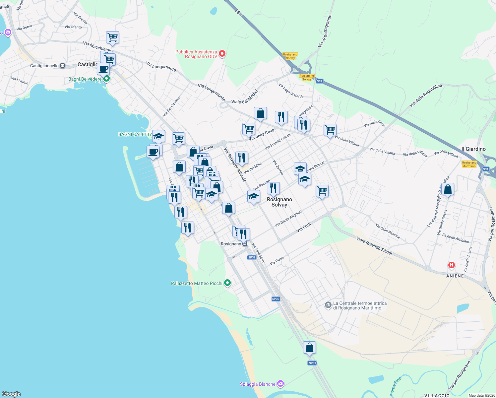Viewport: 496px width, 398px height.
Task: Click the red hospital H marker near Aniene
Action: click(451, 265)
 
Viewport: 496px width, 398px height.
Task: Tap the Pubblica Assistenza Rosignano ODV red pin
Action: click(222, 53)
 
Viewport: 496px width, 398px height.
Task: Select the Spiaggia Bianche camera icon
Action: click(281, 384)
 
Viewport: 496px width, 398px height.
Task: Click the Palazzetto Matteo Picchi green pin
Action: click(227, 283)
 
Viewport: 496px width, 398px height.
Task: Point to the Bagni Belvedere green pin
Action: click(106, 79)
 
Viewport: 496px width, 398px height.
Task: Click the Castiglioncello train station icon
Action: click(62, 66)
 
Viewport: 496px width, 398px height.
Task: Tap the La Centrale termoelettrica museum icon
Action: click(328, 305)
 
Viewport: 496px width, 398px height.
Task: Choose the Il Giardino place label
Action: click(473, 149)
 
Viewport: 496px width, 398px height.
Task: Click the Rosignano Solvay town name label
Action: click(279, 202)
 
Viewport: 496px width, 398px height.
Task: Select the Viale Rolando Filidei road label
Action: click(374, 246)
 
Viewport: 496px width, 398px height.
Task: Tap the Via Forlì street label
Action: click(304, 227)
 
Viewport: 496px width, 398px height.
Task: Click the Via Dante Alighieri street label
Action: click(288, 218)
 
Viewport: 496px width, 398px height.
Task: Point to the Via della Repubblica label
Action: click(426, 95)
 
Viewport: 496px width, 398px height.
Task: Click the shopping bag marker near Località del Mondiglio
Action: click(448, 189)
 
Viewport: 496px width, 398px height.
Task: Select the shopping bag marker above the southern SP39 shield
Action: click(309, 348)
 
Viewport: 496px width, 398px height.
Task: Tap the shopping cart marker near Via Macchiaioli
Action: click(112, 37)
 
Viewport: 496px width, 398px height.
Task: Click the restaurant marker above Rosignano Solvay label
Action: click(273, 188)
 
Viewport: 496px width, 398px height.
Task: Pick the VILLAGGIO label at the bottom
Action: click(437, 395)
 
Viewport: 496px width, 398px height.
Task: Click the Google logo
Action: click(11, 394)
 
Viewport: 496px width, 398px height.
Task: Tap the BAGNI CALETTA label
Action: click(135, 134)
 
